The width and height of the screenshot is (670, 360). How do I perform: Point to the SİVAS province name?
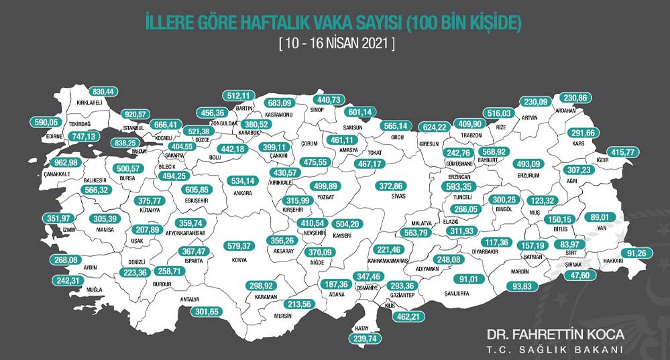pyautogui.click(x=402, y=198)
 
